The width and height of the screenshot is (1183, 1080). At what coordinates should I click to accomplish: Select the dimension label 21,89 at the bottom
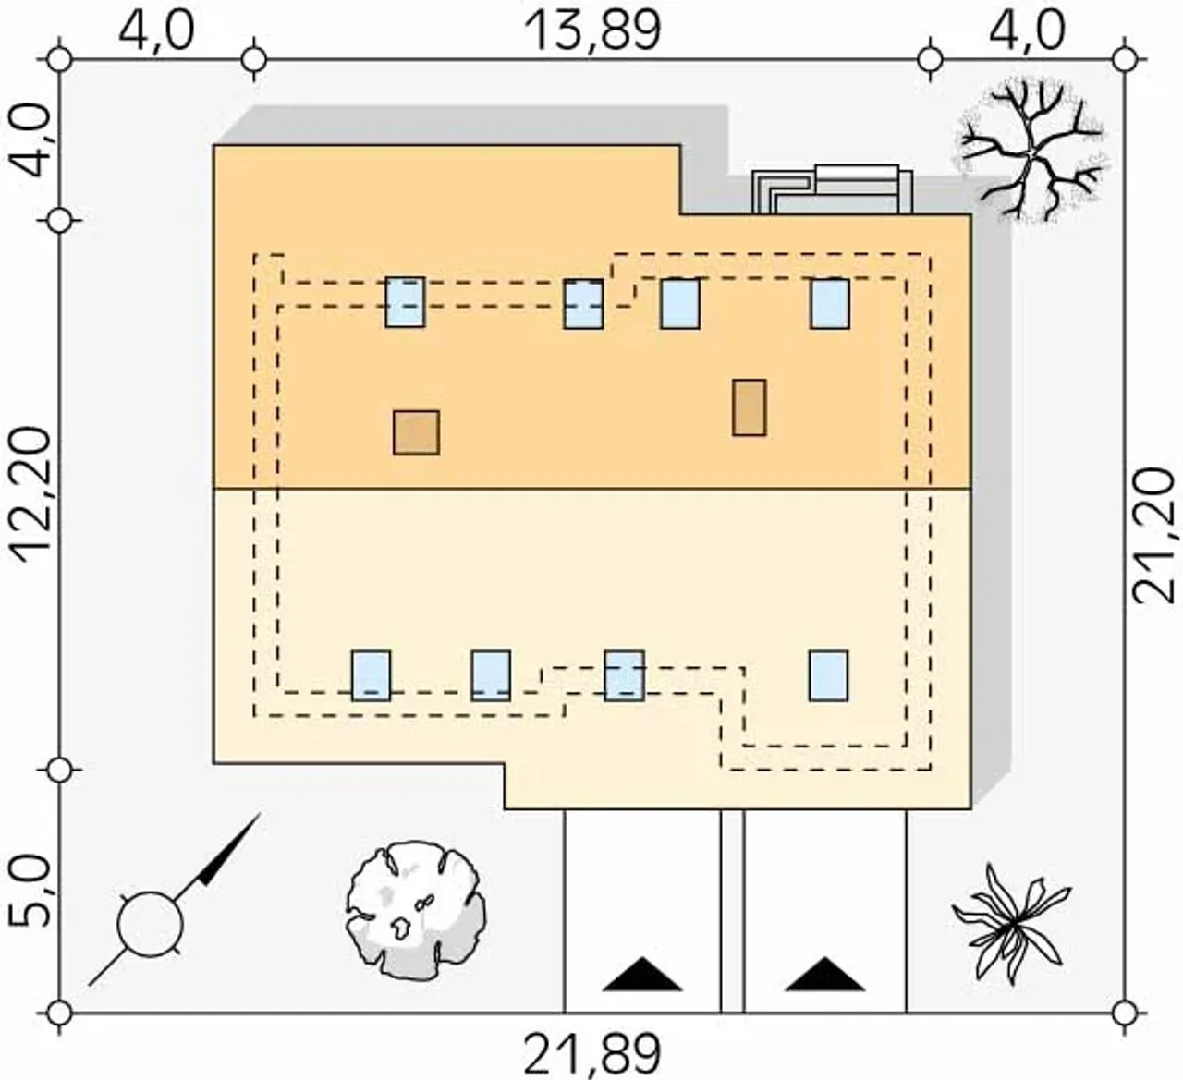(x=592, y=1055)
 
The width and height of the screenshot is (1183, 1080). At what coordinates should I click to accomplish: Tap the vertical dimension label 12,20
(x=31, y=495)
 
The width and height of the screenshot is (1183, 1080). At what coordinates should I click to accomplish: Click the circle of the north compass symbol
(x=150, y=924)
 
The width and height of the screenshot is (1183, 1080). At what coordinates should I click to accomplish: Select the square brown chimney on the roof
(x=416, y=432)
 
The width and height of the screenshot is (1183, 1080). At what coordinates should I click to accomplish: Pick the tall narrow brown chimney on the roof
(x=750, y=408)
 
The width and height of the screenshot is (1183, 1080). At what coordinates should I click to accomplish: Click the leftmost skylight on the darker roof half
(x=405, y=302)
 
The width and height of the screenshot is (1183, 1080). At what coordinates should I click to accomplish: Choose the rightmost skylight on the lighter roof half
(x=829, y=675)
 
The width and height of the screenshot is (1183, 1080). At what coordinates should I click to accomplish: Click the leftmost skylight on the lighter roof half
(x=371, y=675)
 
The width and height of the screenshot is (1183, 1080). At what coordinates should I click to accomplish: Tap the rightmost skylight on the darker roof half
(x=830, y=304)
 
